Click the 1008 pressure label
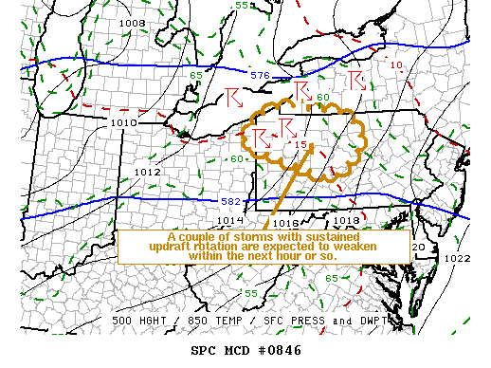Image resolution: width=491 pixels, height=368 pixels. pyautogui.click(x=132, y=23)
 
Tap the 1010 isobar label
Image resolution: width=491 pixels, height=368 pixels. pyautogui.click(x=124, y=122)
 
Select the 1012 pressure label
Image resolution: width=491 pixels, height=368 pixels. pyautogui.click(x=146, y=173)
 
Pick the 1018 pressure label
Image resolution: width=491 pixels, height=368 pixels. pyautogui.click(x=347, y=221)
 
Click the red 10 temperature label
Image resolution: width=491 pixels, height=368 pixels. pyautogui.click(x=396, y=65)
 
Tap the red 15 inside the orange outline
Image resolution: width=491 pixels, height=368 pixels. pyautogui.click(x=301, y=144)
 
